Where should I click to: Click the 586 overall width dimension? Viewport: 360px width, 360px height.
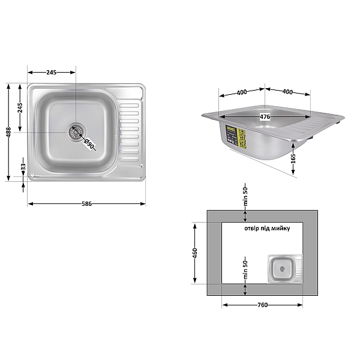pos(86,204)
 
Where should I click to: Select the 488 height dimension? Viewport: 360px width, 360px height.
pos(8,132)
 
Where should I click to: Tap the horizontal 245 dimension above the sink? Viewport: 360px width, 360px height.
pos(51,72)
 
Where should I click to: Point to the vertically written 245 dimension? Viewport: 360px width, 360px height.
pos(20,108)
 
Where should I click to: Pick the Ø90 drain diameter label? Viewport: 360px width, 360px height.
pos(89,144)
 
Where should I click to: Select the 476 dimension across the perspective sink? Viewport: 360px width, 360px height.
pos(265,116)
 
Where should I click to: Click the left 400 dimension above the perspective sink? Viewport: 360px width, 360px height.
pos(241,92)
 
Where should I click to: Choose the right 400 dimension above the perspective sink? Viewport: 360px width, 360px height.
pos(287,92)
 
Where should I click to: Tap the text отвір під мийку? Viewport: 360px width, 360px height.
pos(267,229)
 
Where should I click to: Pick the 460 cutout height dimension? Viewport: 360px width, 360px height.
pos(194,253)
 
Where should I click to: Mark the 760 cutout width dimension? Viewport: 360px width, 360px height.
pos(262,305)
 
